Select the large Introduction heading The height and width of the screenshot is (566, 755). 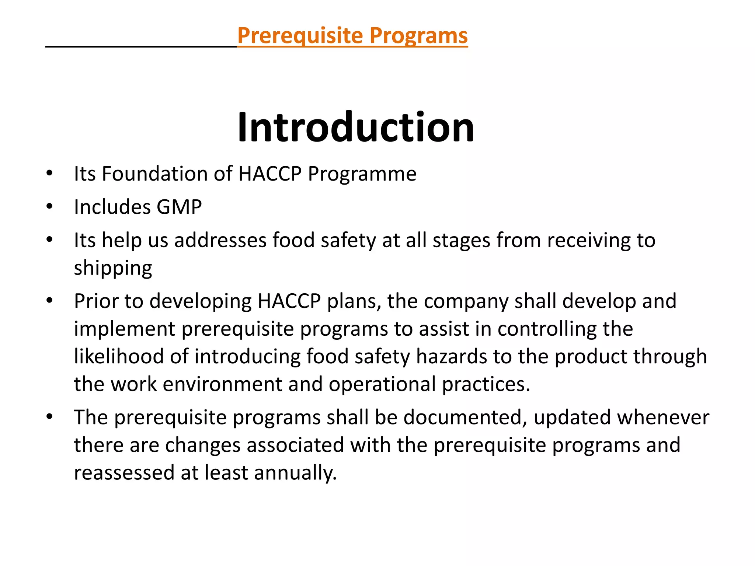click(x=356, y=127)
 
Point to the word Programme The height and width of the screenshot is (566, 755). click(x=362, y=174)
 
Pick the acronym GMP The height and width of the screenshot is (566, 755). click(x=179, y=207)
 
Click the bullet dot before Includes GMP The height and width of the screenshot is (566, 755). click(x=50, y=206)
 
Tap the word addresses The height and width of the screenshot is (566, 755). click(x=220, y=240)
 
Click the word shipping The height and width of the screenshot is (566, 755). click(x=113, y=268)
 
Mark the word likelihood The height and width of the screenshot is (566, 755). click(x=119, y=357)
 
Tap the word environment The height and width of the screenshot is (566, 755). click(x=222, y=384)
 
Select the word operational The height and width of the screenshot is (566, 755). click(x=382, y=384)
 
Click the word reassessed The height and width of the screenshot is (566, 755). click(x=124, y=473)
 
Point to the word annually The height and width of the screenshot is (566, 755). click(x=295, y=473)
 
